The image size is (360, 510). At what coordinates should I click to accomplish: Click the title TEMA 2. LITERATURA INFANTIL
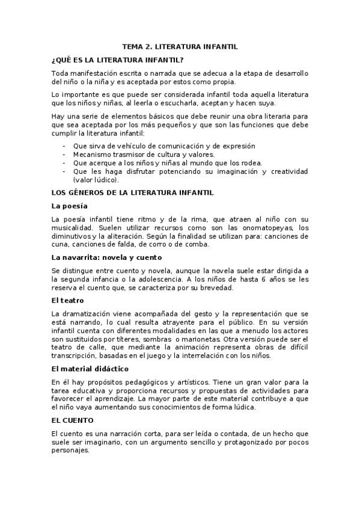pyautogui.click(x=180, y=45)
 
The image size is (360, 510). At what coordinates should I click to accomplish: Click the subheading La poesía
pyautogui.click(x=70, y=206)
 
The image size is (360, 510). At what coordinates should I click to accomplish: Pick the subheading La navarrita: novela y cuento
pyautogui.click(x=106, y=257)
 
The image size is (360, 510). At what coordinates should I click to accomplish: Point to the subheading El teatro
pyautogui.click(x=68, y=300)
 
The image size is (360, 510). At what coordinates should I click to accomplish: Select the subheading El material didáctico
pyautogui.click(x=90, y=367)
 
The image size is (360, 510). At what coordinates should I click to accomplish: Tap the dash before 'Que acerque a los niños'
pyautogui.click(x=65, y=163)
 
